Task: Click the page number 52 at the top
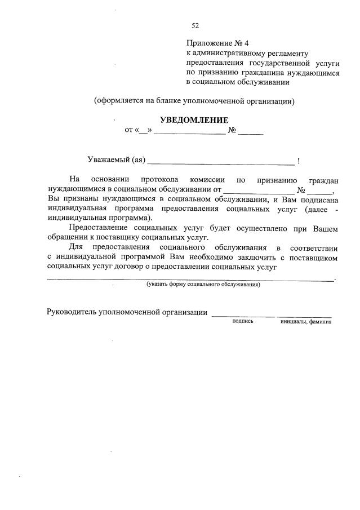[x=195, y=25]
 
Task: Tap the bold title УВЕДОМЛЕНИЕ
[x=194, y=120]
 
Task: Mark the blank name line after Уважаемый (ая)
[x=220, y=163]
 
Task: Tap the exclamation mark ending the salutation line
[x=298, y=161]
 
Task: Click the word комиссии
[x=212, y=180]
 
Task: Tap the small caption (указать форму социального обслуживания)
[x=203, y=285]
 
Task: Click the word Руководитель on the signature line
[x=71, y=313]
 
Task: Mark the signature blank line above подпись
[x=243, y=316]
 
